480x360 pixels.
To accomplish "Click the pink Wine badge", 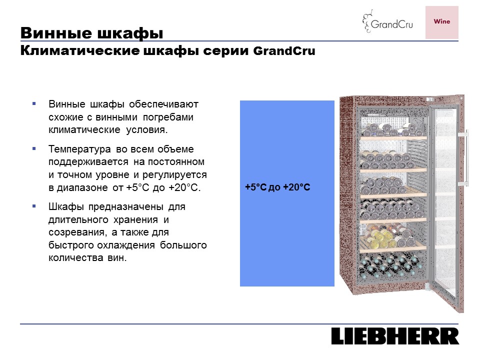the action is [x=441, y=22].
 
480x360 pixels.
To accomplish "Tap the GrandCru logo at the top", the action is [x=387, y=21].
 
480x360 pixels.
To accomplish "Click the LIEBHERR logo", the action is [x=395, y=336].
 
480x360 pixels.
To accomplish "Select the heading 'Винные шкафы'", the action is [x=91, y=33].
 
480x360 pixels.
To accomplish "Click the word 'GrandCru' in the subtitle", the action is [x=284, y=51].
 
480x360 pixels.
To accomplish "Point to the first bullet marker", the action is [x=34, y=104].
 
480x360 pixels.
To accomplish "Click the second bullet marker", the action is [x=34, y=149].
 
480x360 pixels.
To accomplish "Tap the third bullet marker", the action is [x=34, y=206].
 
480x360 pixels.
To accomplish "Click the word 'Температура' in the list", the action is [x=79, y=149].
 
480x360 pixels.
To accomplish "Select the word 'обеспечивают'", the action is [x=164, y=104].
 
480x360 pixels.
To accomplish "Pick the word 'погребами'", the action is [x=168, y=117].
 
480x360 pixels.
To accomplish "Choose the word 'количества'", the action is [x=75, y=258].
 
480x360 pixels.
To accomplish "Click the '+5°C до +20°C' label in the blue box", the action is [x=277, y=187].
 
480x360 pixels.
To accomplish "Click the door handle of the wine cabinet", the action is [x=464, y=158].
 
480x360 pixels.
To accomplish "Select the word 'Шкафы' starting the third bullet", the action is [x=66, y=207].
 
